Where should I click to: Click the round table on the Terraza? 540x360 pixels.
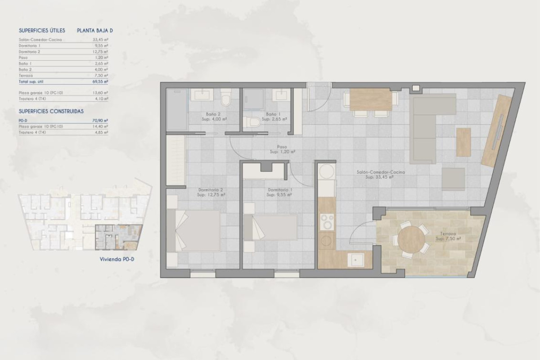[x=411, y=239]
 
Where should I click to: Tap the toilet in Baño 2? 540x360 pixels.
[x=226, y=97]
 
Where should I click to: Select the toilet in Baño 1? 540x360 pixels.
[x=253, y=122]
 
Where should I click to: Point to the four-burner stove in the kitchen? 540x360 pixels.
[x=326, y=221]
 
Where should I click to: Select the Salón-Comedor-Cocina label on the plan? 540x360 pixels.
[x=381, y=175]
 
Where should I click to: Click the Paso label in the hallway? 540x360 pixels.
[x=282, y=149]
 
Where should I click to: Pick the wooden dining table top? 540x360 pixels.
[x=370, y=99]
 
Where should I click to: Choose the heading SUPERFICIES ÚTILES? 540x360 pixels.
[x=42, y=31]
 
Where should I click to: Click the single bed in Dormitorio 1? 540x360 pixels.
[x=270, y=227]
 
